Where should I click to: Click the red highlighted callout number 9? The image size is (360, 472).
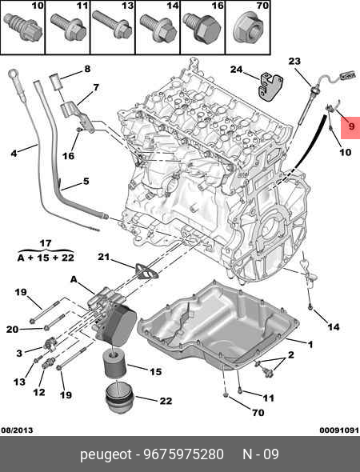click(349, 126)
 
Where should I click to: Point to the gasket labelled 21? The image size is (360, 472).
click(142, 271)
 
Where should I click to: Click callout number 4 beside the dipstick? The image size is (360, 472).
click(13, 152)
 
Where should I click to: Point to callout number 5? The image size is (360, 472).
click(86, 182)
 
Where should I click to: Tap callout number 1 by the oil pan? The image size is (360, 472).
click(310, 345)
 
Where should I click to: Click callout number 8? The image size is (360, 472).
click(87, 69)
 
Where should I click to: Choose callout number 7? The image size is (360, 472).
click(95, 87)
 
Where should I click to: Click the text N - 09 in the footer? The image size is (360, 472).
click(261, 455)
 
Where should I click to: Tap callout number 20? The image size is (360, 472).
click(12, 329)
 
